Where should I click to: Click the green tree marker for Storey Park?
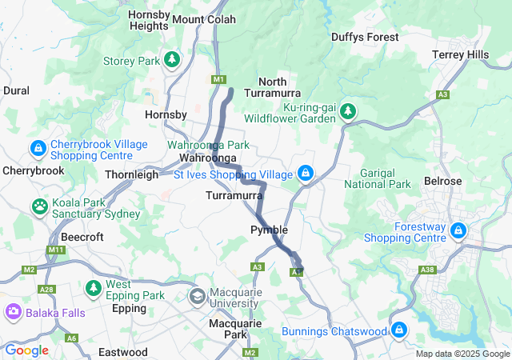(x=171, y=60)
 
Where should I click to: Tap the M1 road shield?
(x=218, y=79)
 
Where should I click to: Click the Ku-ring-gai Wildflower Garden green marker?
(x=347, y=110)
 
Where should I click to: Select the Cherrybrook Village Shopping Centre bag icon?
(x=38, y=148)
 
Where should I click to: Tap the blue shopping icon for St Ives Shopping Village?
(x=305, y=173)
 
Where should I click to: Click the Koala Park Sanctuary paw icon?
(x=39, y=206)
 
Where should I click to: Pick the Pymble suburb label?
(x=269, y=230)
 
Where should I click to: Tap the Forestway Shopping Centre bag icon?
(x=458, y=230)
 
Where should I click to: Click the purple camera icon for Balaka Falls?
(x=14, y=310)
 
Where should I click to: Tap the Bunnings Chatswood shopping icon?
(x=399, y=329)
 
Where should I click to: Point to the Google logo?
(x=26, y=350)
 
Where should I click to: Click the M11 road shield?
(x=55, y=250)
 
